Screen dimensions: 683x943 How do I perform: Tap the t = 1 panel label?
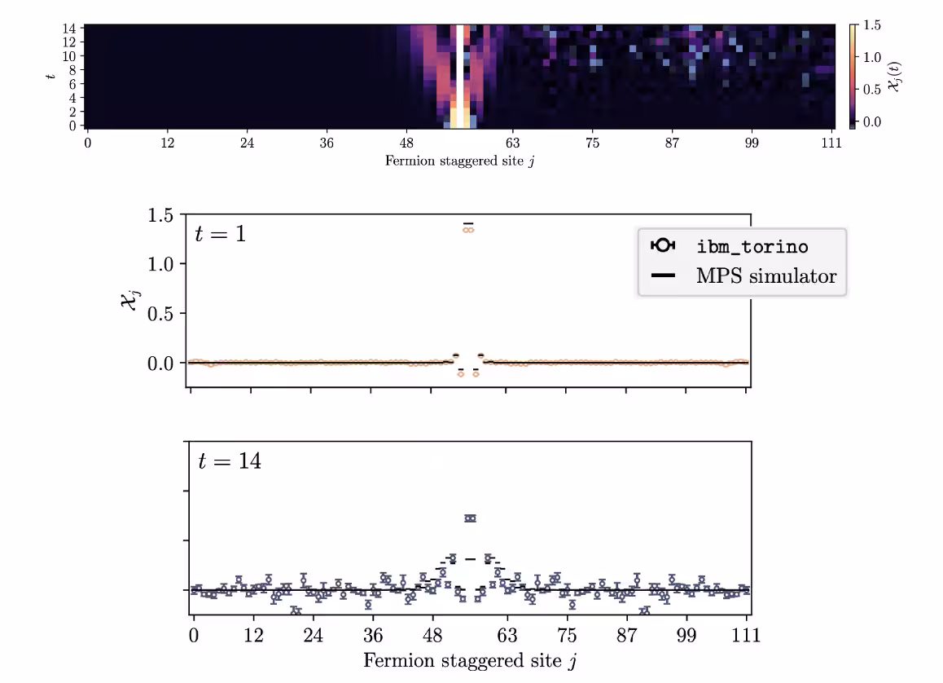[221, 234]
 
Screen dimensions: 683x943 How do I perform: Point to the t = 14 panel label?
[229, 460]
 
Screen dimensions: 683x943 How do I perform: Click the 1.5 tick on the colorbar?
[872, 26]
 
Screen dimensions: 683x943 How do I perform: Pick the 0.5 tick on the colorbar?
[872, 90]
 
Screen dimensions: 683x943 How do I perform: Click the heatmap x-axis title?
[459, 161]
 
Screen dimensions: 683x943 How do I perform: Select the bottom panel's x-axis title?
[470, 659]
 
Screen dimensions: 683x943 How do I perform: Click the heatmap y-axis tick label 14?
[69, 29]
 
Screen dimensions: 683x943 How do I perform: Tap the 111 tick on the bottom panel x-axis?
[747, 635]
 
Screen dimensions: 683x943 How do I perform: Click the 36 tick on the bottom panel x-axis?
[373, 635]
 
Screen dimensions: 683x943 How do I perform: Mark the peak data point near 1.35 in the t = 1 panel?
[468, 230]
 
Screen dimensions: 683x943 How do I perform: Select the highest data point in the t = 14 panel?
[470, 518]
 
